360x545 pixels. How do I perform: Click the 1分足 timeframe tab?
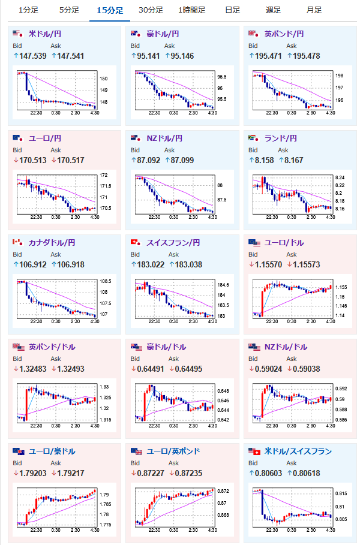coord(28,10)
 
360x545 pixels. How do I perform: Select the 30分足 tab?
coord(150,10)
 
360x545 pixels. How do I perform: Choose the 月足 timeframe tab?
coord(313,10)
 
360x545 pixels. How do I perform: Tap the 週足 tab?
coord(273,10)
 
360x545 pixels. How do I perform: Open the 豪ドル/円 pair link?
coord(163,34)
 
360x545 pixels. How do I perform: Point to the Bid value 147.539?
coord(31,56)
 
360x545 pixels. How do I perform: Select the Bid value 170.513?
coord(31,160)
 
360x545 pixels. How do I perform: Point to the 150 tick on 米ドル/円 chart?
coord(103,79)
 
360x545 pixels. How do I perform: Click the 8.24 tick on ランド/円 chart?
coord(340,178)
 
